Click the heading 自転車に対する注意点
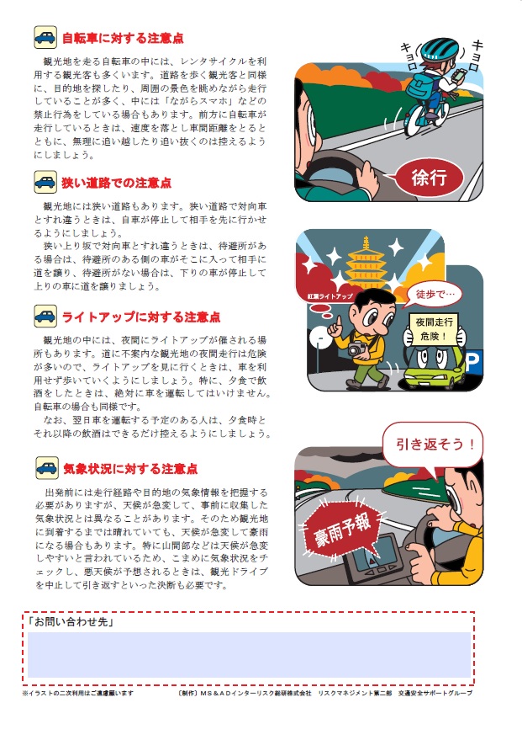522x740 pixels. point(123,38)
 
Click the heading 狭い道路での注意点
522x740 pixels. point(116,183)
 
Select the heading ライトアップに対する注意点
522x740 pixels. point(141,317)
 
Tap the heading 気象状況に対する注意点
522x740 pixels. point(130,469)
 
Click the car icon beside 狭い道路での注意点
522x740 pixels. point(45,182)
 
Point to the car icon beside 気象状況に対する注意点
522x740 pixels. point(47,468)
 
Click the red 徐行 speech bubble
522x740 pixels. point(428,178)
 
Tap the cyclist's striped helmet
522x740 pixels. point(439,50)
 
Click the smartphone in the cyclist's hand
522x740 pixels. point(458,75)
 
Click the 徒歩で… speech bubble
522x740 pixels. point(434,295)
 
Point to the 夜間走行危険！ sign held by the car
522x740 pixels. point(434,329)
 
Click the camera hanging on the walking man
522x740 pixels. point(357,349)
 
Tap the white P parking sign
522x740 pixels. point(472,363)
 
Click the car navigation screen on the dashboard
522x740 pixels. point(376,551)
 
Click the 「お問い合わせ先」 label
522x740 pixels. point(71,621)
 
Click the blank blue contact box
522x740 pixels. point(250,655)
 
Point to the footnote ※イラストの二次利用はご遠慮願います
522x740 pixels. point(77,693)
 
